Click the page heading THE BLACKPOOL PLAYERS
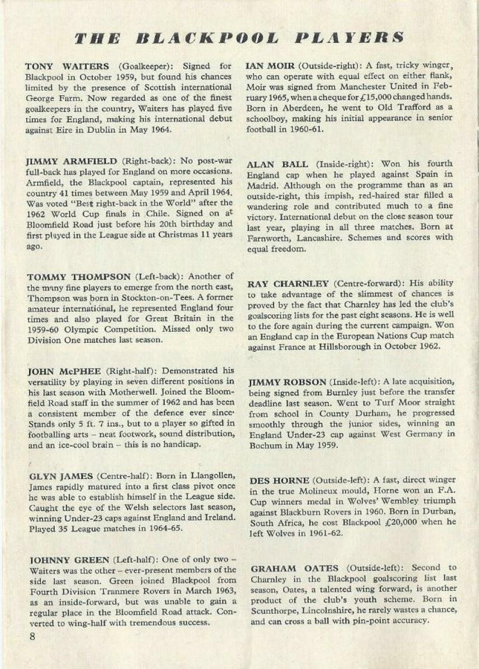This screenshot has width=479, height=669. [x=239, y=38]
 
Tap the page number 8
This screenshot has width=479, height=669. [x=32, y=637]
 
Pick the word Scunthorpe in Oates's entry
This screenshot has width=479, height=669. [x=275, y=610]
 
